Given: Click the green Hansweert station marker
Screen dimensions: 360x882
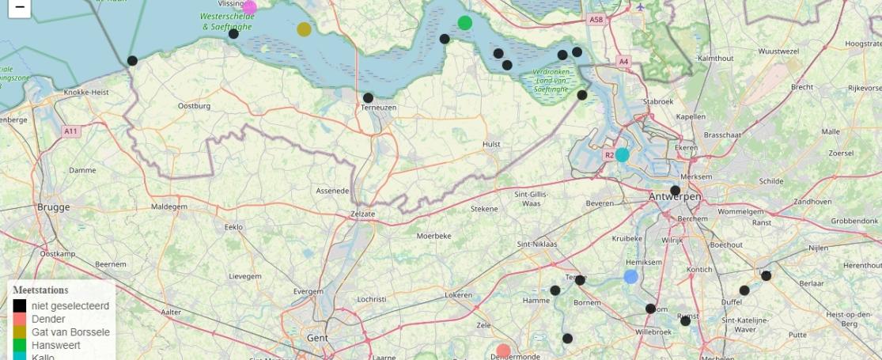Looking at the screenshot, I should (x=465, y=23).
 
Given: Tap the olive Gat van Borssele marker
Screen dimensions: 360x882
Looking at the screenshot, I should (x=305, y=29).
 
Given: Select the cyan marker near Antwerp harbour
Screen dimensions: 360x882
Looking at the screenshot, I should (x=623, y=155).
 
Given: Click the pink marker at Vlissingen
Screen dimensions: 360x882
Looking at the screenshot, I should (x=249, y=8).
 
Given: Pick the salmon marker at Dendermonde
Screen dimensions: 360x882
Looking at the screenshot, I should (x=504, y=351).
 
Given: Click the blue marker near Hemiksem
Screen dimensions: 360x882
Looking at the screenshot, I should (x=630, y=276).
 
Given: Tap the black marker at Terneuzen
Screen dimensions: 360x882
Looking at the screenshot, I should (x=368, y=98).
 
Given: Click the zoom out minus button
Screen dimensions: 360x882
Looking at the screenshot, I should (x=19, y=8).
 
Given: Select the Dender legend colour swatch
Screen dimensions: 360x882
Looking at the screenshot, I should (x=20, y=319).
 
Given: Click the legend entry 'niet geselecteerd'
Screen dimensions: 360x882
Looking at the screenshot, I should (x=70, y=305).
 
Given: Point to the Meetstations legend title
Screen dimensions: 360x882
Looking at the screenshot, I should (x=40, y=290).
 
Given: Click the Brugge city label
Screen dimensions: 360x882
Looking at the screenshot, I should (x=53, y=207).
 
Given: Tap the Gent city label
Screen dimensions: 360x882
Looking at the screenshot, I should (x=317, y=338).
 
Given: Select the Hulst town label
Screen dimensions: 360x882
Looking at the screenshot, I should (x=491, y=144).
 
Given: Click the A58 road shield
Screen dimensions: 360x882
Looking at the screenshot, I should (x=596, y=18).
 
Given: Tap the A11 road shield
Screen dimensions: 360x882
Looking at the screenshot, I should (x=71, y=131).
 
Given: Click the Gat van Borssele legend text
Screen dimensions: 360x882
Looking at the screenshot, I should (x=70, y=332).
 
